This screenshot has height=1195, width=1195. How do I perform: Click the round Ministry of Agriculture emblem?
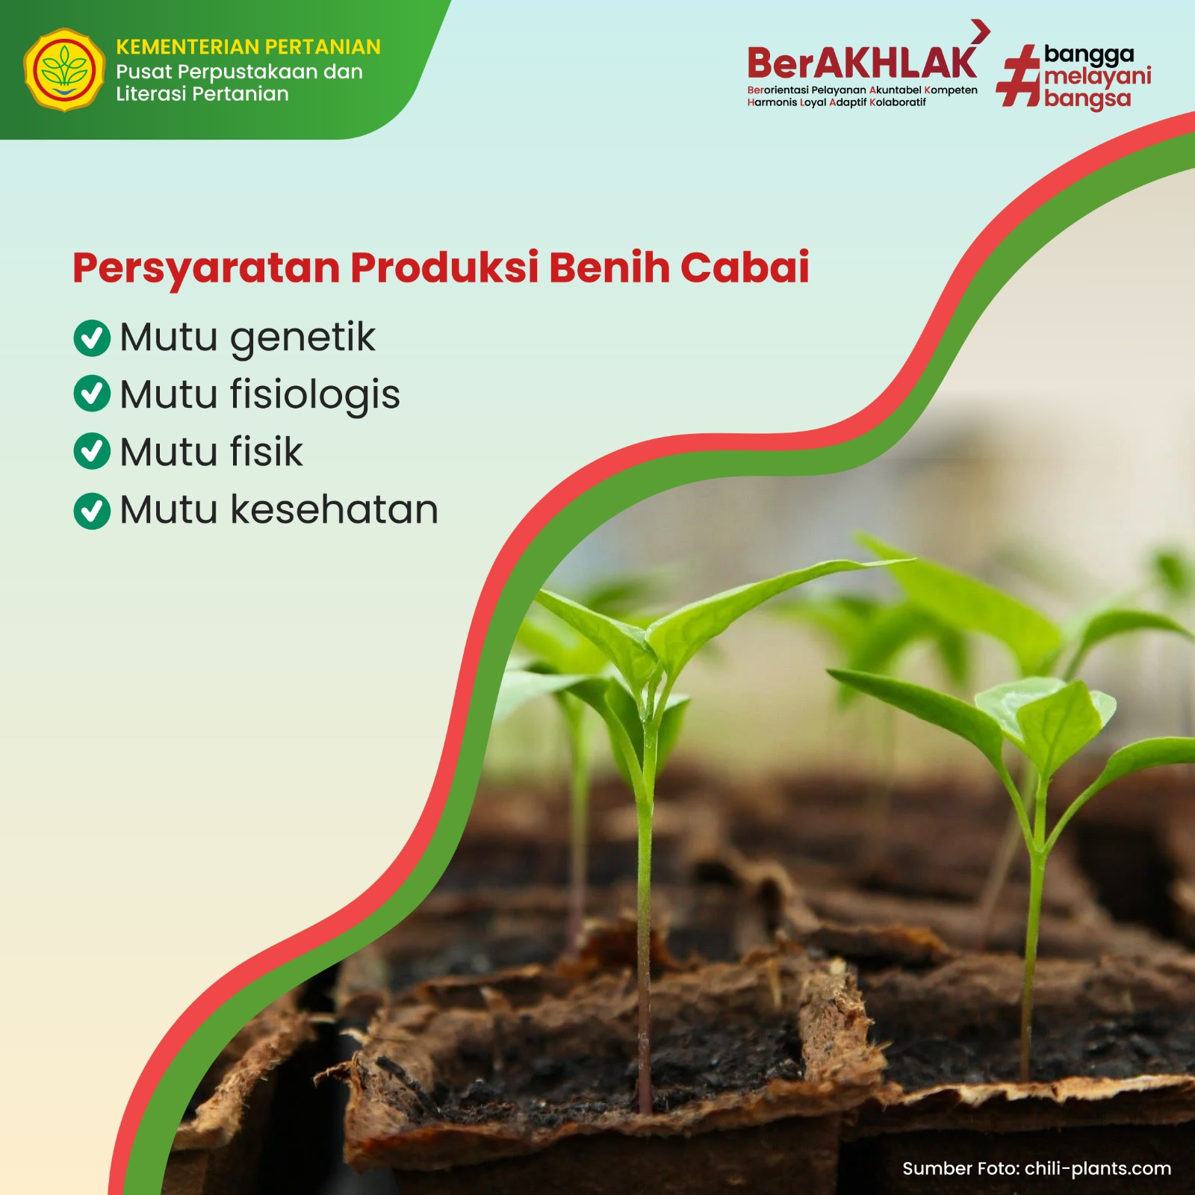(64, 70)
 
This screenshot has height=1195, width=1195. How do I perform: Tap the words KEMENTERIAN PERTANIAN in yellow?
(248, 47)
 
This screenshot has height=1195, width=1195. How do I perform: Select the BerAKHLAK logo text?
(862, 63)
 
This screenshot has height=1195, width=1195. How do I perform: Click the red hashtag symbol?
(1019, 75)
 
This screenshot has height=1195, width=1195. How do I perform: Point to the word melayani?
(1097, 77)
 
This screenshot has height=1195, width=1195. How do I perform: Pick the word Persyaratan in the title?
(206, 270)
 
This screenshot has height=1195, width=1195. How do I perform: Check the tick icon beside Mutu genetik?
(92, 338)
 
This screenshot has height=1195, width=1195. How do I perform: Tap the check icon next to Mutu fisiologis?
(92, 394)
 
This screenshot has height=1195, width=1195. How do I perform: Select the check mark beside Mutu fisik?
(92, 451)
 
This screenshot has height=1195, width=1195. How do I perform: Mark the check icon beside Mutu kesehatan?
(92, 511)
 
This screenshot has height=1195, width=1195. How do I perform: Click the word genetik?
(302, 338)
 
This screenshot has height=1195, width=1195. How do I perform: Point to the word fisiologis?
(314, 395)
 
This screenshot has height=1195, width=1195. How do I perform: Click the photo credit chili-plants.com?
(1098, 1169)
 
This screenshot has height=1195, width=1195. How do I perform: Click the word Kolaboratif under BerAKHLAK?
(898, 102)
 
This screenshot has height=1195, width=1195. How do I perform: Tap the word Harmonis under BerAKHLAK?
(772, 102)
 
